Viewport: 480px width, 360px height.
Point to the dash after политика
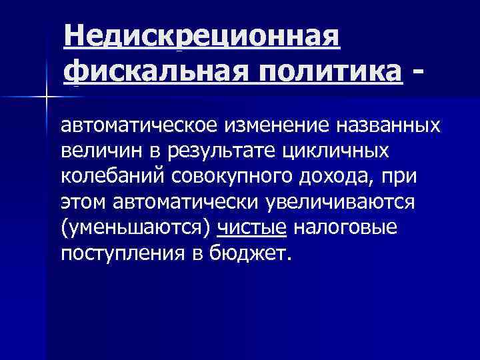pos(418,69)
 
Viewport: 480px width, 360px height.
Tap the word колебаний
pos(112,177)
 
